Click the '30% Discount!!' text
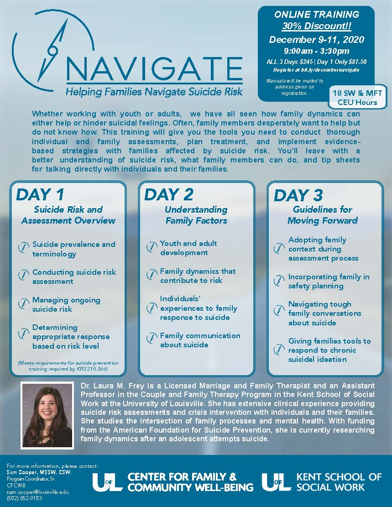[316, 26]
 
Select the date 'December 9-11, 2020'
[316, 39]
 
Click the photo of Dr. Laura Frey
[47, 414]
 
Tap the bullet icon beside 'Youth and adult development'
[152, 248]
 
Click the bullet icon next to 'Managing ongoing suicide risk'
[23, 304]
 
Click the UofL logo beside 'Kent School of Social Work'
[277, 482]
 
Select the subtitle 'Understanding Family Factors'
[196, 215]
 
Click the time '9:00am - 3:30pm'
[316, 51]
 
